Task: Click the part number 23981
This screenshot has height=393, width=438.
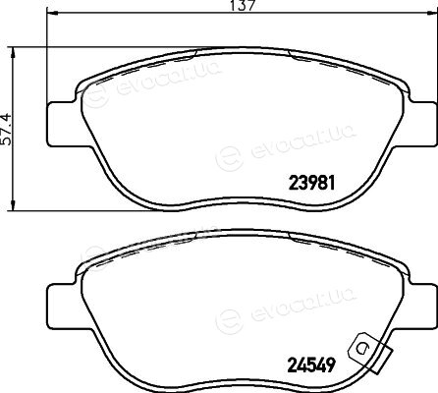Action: [311, 183]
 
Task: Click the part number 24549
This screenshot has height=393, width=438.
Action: [311, 365]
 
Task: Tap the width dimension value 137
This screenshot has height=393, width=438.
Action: [243, 6]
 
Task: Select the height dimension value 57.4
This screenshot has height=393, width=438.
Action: [7, 130]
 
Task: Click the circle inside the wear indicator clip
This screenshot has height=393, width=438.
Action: [362, 348]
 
